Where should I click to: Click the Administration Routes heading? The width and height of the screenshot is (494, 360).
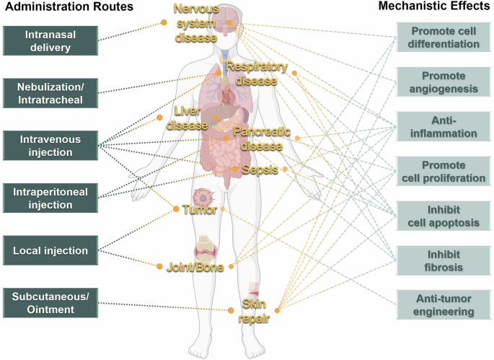click(x=68, y=8)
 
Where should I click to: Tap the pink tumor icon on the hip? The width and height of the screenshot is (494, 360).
click(x=203, y=197)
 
